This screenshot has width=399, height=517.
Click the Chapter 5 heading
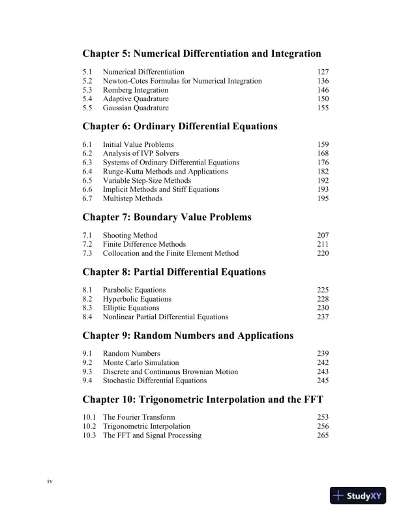pos(201,53)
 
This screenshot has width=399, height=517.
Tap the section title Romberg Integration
pos(132,90)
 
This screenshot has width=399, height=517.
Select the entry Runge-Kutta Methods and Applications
pos(165,172)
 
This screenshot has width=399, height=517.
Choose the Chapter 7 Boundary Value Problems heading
pos(166,217)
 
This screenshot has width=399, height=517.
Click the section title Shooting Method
pos(130,235)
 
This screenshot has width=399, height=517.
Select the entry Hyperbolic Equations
pos(137,299)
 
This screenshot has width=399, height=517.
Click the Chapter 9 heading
pos(188,336)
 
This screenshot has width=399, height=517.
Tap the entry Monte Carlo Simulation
pos(141,362)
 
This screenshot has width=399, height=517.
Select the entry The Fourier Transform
pos(139,417)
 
